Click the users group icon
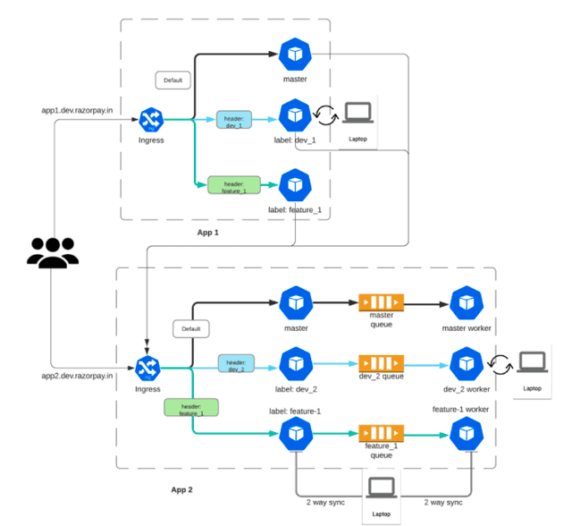[51, 252]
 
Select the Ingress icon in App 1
[150, 119]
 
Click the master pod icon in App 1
[294, 55]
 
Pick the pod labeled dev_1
[294, 115]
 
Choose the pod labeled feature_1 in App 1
[294, 185]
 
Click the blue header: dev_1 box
[235, 120]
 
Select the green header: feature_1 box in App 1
[233, 185]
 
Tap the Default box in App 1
[172, 81]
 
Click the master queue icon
[382, 304]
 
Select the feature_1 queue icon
[382, 434]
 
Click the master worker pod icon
[467, 304]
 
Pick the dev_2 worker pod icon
[467, 364]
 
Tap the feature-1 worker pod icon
[467, 434]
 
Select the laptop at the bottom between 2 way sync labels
[382, 489]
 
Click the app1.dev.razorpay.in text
[77, 110]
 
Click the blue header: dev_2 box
[235, 364]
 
